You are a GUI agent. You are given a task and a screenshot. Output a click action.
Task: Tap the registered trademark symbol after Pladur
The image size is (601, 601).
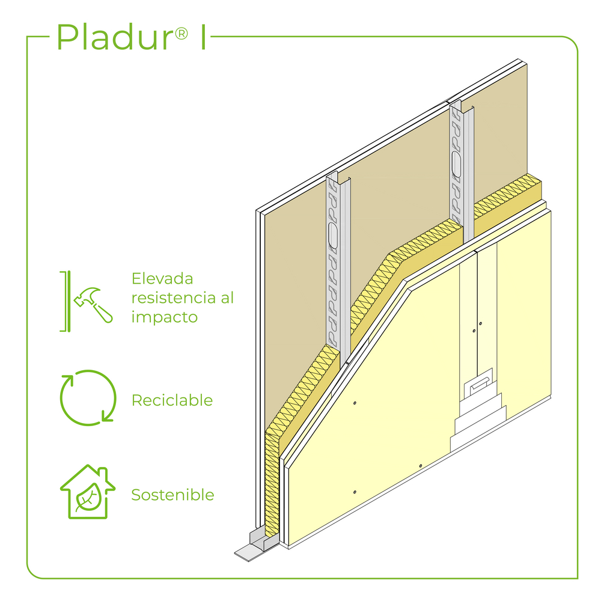click(182, 34)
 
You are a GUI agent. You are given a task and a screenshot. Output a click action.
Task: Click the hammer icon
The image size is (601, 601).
click(93, 305)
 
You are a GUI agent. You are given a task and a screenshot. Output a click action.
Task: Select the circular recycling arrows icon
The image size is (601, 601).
click(88, 398)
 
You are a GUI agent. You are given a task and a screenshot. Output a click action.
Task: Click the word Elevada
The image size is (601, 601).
click(162, 279)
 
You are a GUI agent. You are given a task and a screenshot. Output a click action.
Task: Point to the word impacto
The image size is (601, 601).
click(165, 317)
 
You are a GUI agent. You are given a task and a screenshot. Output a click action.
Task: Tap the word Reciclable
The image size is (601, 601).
click(172, 400)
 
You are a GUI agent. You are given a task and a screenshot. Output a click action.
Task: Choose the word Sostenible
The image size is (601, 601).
click(173, 495)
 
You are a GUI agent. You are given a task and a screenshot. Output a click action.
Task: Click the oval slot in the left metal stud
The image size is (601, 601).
click(333, 236)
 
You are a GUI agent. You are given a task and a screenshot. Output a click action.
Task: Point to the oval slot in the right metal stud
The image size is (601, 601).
click(456, 165)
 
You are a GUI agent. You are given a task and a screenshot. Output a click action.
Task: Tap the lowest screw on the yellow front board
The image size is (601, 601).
click(355, 492)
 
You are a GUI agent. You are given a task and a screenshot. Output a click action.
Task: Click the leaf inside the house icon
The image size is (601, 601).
click(88, 498)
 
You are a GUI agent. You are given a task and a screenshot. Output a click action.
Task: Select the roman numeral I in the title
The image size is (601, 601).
click(204, 37)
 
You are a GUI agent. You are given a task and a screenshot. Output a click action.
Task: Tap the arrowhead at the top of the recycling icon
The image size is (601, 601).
click(67, 380)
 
